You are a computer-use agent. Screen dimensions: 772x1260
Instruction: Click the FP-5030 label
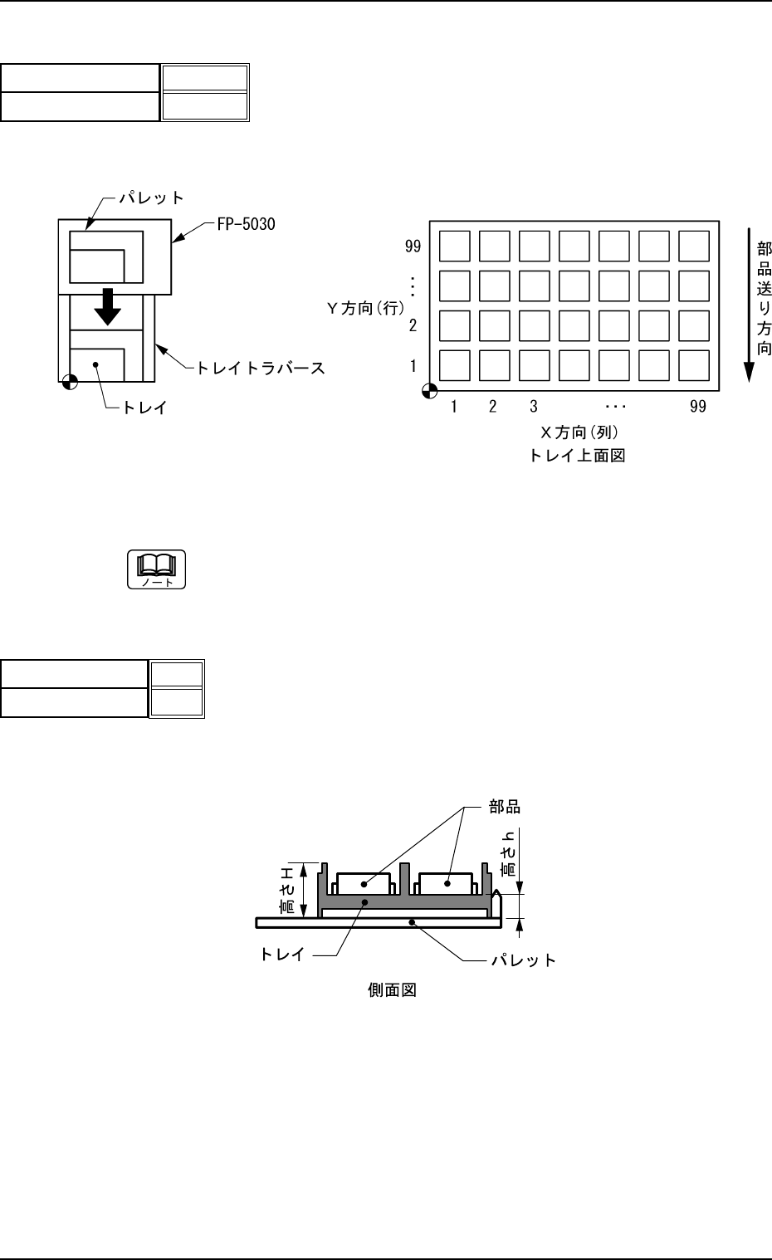point(242,225)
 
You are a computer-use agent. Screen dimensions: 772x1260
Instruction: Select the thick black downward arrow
point(107,308)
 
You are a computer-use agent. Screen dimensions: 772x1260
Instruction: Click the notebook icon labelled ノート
point(157,569)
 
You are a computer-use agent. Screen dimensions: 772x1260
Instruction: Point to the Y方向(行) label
point(364,308)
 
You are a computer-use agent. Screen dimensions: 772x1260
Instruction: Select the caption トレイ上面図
point(577,456)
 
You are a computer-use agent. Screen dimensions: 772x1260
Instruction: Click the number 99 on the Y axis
point(413,247)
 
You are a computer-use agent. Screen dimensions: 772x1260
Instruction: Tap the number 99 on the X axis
point(698,407)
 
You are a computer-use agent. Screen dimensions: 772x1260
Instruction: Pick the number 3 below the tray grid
point(534,407)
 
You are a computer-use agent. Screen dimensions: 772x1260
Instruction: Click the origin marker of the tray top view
point(430,390)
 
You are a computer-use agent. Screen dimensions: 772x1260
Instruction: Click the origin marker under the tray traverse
point(70,382)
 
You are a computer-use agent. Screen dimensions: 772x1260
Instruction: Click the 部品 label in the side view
point(505,806)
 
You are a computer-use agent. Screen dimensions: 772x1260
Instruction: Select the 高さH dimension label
point(287,889)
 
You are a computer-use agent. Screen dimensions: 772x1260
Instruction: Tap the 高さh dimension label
point(508,855)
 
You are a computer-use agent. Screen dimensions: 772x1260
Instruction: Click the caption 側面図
point(391,990)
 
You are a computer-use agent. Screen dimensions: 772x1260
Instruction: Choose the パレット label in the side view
point(523,960)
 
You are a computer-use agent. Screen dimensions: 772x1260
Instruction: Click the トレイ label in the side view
point(285,955)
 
